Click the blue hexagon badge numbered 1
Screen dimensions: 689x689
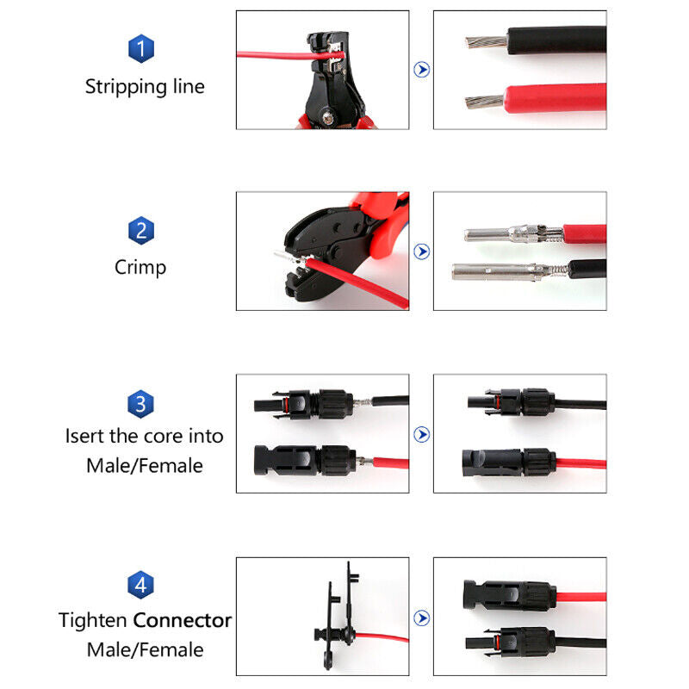[141, 49]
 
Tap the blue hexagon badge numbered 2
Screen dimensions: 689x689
[141, 230]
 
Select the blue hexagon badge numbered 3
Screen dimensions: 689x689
[141, 404]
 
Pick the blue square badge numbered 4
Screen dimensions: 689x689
[141, 586]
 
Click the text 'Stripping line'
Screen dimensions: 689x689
[145, 87]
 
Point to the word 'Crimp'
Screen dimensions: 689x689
[140, 267]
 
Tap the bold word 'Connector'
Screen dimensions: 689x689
[182, 620]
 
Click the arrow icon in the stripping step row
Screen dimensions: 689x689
[421, 70]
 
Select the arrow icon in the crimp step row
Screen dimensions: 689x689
[421, 251]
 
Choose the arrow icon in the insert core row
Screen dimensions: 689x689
[421, 434]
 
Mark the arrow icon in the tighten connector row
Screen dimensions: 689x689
[421, 618]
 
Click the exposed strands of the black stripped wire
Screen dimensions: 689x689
[484, 40]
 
